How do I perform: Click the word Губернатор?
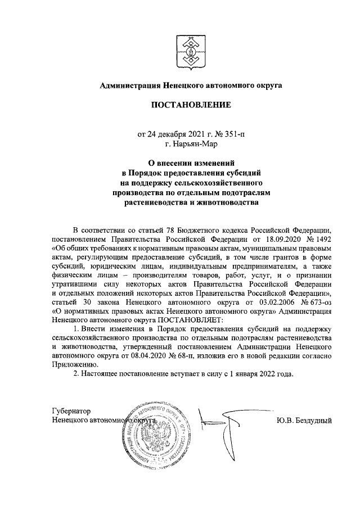71,412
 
